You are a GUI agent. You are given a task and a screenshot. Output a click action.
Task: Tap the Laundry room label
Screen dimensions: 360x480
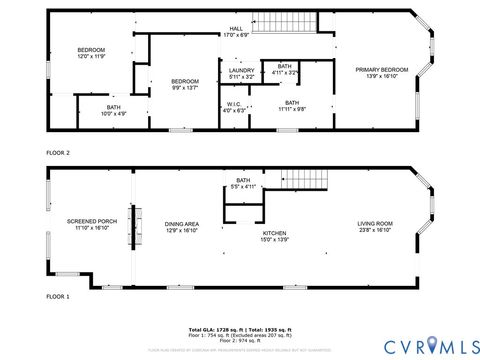click(241, 73)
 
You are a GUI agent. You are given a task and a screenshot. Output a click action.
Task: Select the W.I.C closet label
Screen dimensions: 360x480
click(233, 106)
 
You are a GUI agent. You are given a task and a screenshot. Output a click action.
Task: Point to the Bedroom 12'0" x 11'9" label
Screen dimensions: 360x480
click(91, 53)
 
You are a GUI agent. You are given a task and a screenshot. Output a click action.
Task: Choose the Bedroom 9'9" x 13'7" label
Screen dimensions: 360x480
click(184, 84)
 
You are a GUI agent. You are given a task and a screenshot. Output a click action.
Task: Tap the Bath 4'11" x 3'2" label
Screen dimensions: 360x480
click(285, 69)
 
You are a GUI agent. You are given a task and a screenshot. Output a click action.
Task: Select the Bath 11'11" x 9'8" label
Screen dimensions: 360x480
click(292, 105)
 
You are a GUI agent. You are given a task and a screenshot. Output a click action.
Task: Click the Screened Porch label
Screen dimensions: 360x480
click(92, 225)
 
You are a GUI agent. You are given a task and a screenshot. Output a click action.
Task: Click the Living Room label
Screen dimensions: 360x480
click(375, 227)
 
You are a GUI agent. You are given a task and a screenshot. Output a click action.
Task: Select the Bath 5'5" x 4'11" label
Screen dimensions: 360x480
click(243, 184)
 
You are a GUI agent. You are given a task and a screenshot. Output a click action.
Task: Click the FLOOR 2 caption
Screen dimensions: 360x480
click(58, 152)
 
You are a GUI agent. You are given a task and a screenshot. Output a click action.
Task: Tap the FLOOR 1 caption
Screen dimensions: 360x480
click(58, 297)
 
